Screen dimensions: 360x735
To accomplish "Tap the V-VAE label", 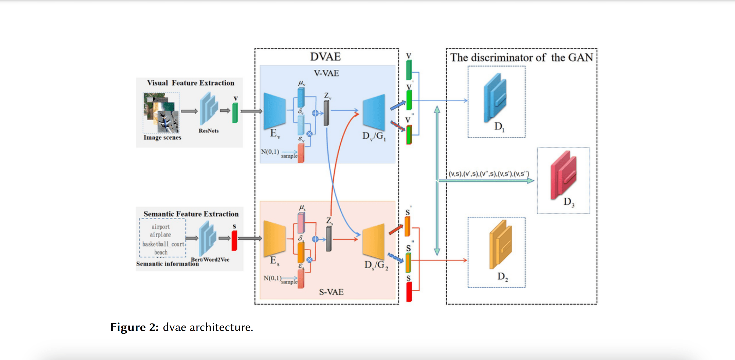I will [x=326, y=73].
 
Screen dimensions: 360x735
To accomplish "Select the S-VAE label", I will [x=331, y=292].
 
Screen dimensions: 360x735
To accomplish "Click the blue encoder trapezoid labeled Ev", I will [x=274, y=111].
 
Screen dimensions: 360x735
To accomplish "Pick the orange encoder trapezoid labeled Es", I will [x=274, y=238].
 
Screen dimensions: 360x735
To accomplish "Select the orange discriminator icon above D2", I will [x=501, y=244].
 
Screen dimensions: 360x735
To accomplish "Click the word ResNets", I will [x=209, y=131].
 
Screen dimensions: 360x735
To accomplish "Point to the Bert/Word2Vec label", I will [x=210, y=259].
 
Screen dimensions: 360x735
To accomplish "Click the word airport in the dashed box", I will [x=160, y=227].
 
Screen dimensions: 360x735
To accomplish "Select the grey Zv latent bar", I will [x=326, y=113].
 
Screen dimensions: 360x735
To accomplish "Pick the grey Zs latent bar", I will [x=329, y=239].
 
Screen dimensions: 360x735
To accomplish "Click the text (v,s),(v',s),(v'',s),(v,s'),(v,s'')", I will [x=489, y=174].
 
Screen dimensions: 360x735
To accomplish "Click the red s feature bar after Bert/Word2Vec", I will [x=234, y=240].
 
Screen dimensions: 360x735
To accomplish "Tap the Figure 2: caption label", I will [x=134, y=327].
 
